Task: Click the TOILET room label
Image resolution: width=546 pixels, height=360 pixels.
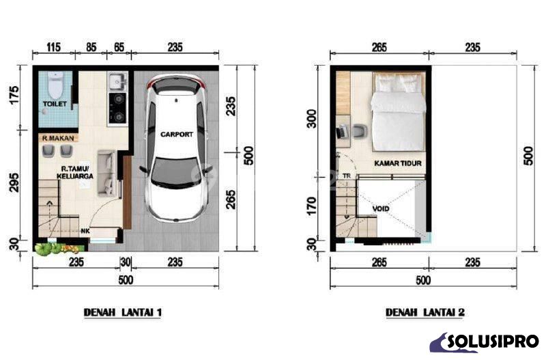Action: tap(55, 104)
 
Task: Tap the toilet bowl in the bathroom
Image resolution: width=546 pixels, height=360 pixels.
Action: tap(56, 85)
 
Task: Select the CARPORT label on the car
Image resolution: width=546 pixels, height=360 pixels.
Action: tap(177, 134)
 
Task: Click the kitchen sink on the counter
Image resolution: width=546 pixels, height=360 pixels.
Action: tap(117, 81)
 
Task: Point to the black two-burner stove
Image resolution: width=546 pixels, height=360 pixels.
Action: tap(117, 109)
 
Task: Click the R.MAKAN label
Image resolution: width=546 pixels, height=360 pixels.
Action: tap(58, 139)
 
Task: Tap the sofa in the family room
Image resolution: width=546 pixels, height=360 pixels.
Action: tap(106, 173)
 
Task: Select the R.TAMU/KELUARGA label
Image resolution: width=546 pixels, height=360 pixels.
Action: tap(75, 173)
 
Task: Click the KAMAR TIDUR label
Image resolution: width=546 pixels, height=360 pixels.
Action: tap(398, 163)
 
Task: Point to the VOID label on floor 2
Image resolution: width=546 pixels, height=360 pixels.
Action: tap(381, 209)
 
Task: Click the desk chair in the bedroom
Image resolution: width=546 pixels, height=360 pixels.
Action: tap(360, 132)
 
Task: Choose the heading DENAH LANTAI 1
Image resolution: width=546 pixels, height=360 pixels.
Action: tap(123, 312)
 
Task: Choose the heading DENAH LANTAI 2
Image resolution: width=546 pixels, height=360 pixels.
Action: tap(425, 312)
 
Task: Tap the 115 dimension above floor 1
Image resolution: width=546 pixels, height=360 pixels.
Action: tap(53, 47)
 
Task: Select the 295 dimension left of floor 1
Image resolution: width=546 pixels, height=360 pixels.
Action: tap(14, 182)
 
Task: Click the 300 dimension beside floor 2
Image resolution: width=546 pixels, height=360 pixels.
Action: tap(313, 119)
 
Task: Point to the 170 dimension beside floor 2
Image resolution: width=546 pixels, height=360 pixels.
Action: tap(313, 206)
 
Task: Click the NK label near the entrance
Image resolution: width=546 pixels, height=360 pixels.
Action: tap(85, 231)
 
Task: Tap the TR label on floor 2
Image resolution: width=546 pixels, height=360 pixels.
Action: tap(347, 176)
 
